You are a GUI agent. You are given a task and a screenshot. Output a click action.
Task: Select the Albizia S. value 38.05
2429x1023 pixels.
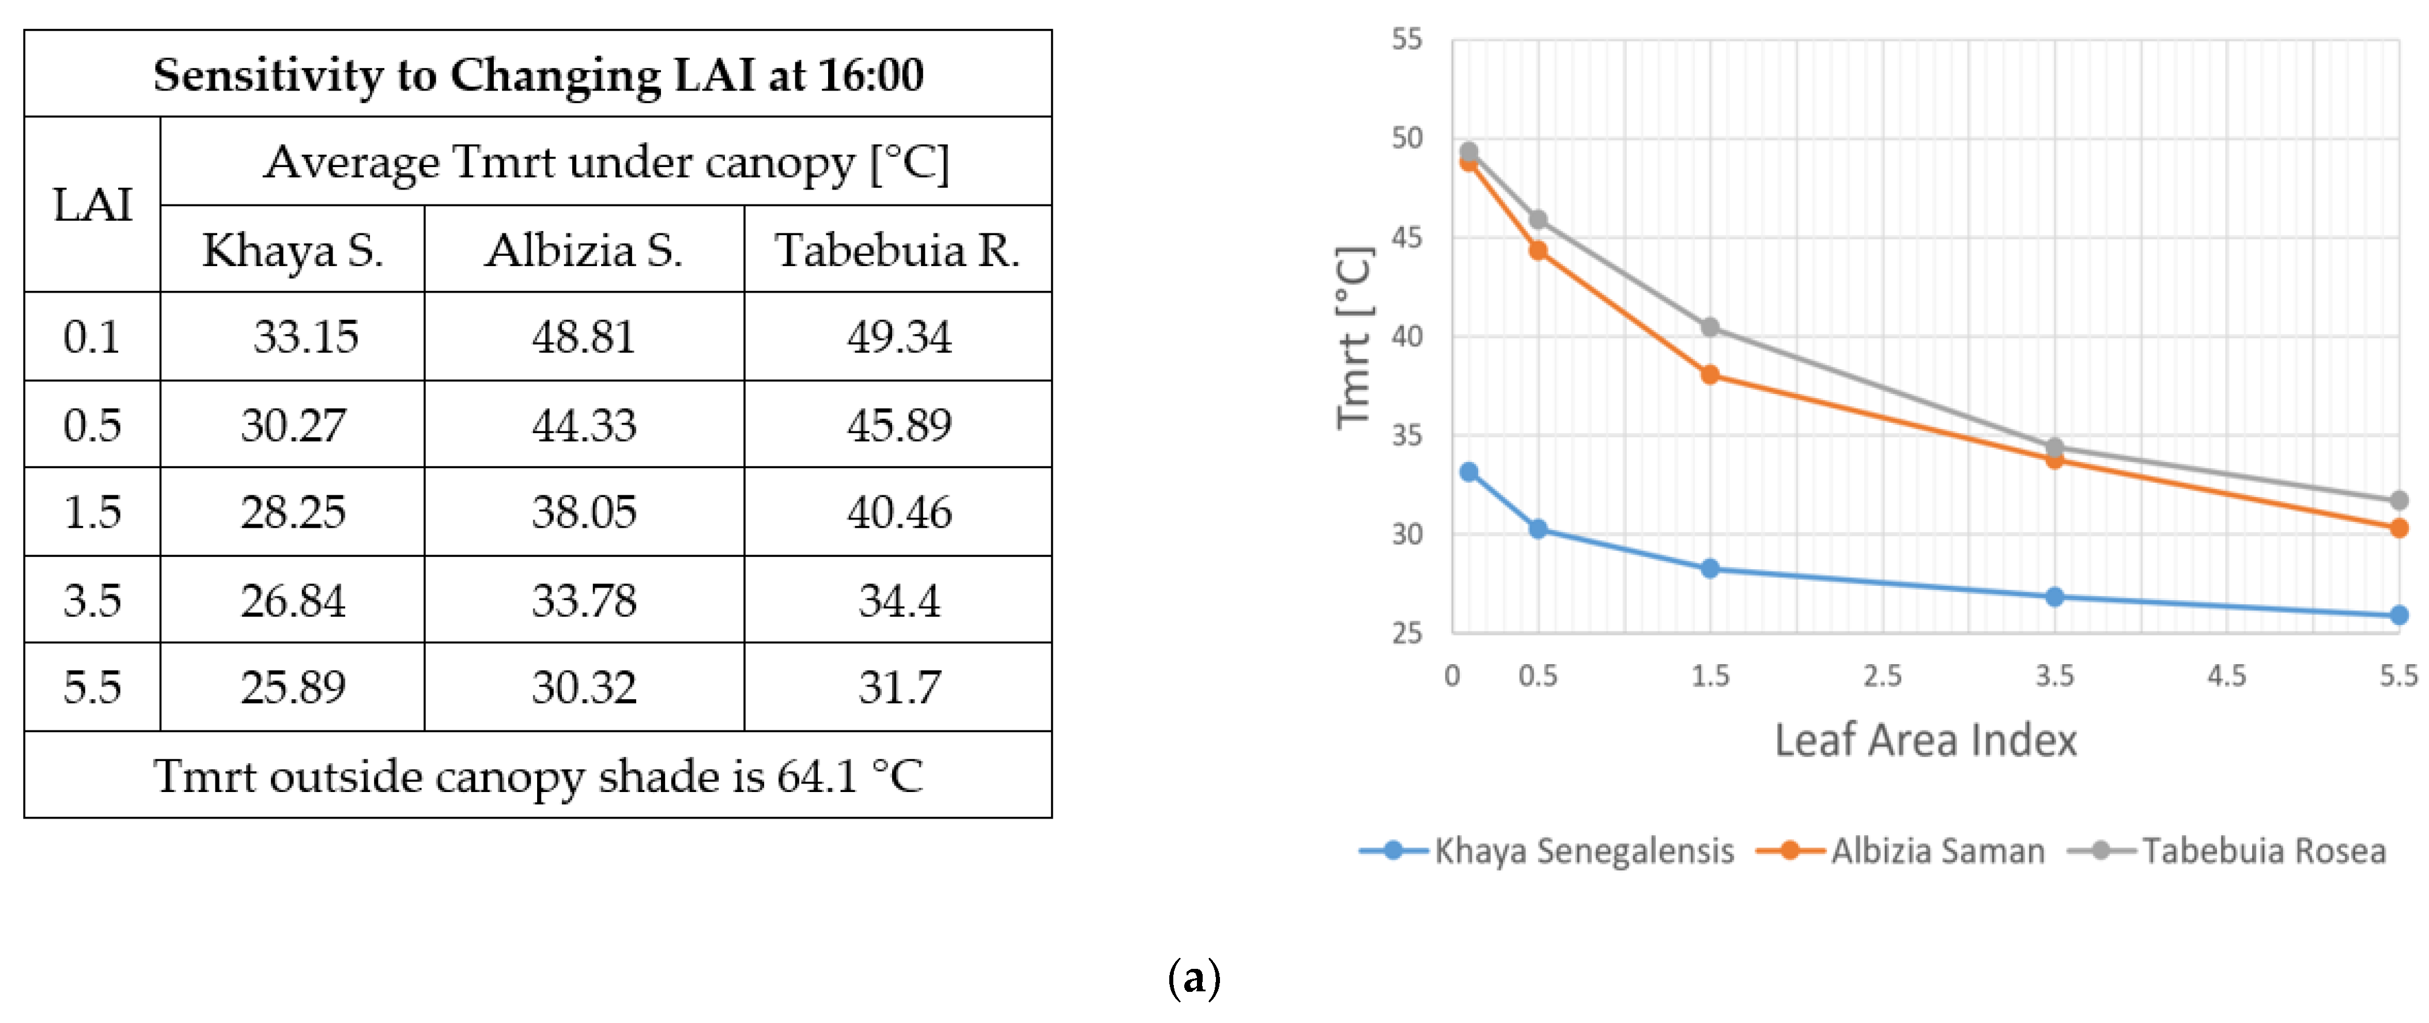tap(584, 512)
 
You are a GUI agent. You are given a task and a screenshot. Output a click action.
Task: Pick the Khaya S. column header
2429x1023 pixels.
tap(292, 250)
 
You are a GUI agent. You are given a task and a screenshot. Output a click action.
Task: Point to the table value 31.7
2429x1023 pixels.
tap(898, 687)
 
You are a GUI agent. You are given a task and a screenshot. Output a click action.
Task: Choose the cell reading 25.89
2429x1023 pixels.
tap(292, 687)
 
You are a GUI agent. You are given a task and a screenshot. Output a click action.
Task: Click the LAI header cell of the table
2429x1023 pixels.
tap(92, 204)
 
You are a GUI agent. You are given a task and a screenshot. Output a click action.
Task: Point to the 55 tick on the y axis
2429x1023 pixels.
tap(1407, 40)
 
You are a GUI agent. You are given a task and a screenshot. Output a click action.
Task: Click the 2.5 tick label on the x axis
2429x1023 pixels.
tap(1882, 675)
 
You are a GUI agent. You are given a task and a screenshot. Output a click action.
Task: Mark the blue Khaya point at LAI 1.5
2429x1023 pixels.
tap(1710, 569)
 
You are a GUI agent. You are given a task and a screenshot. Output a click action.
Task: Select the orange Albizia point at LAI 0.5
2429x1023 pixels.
tap(1538, 251)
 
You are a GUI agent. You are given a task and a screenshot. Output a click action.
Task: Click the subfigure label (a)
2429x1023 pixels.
tap(1194, 977)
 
